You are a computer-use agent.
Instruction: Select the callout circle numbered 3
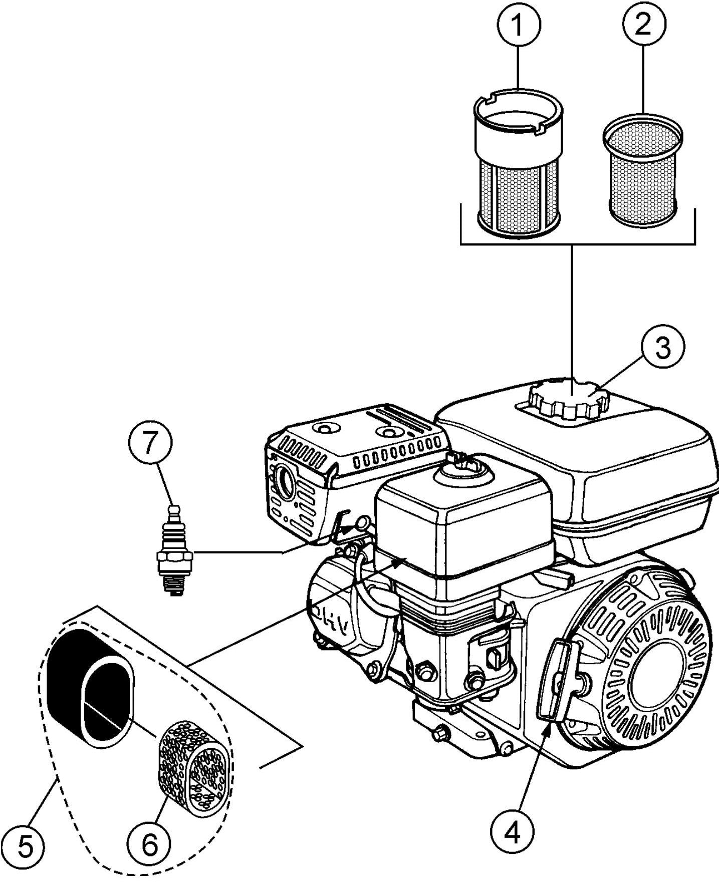pyautogui.click(x=663, y=348)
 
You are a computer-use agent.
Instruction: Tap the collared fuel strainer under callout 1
pyautogui.click(x=518, y=165)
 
